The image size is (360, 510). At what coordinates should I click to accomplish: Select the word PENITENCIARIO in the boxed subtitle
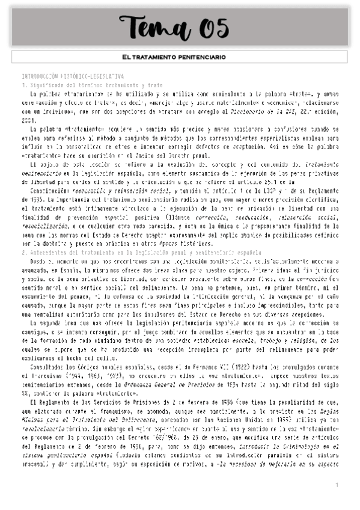coord(199,57)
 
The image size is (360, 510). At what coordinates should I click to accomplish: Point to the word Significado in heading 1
coord(43,85)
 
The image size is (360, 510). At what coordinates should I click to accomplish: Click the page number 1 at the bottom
coord(337,485)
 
